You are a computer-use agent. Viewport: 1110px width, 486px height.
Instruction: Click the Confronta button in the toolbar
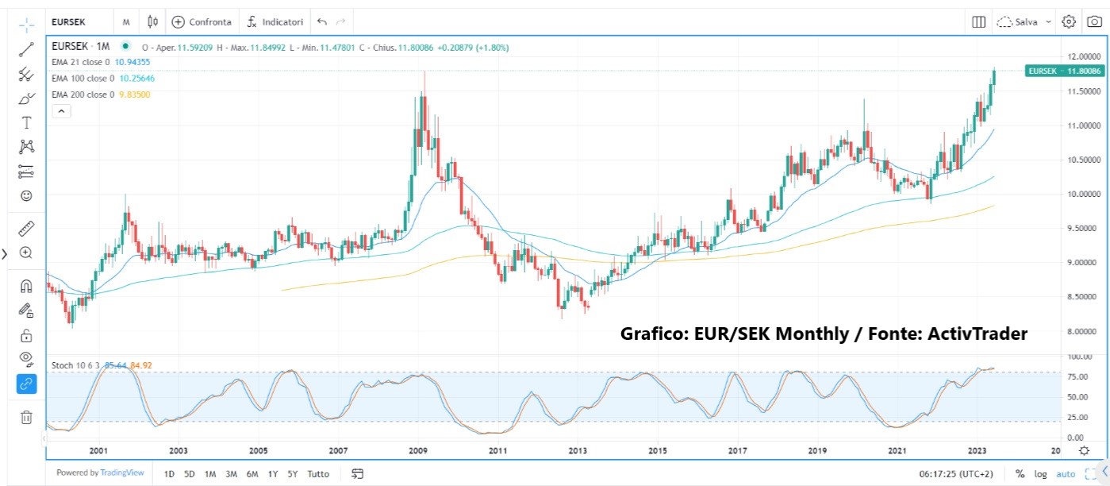(202, 21)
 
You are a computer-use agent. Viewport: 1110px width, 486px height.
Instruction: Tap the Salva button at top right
(1024, 21)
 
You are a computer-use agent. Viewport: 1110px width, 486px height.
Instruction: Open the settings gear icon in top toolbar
(1069, 21)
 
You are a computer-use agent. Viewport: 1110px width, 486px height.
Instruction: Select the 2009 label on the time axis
(419, 451)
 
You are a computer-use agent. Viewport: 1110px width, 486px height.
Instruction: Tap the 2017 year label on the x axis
(738, 451)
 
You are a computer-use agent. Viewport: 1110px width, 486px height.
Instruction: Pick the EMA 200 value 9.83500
(134, 94)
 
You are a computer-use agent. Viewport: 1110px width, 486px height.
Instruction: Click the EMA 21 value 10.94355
(133, 61)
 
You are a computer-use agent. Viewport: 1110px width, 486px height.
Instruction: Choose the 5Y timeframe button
(293, 474)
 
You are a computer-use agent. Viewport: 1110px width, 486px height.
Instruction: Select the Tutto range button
(318, 474)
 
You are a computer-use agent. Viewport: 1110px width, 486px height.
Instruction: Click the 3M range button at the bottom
(231, 474)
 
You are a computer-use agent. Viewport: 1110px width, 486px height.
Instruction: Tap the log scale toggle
(1040, 474)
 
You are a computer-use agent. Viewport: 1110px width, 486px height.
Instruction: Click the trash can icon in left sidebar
(26, 417)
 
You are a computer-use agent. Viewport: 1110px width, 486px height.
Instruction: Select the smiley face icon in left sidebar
(26, 195)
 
